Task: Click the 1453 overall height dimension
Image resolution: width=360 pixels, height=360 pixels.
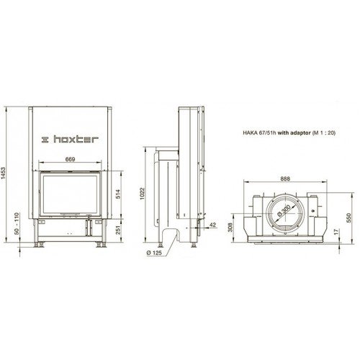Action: click(x=3, y=173)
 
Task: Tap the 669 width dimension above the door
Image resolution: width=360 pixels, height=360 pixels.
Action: click(x=70, y=159)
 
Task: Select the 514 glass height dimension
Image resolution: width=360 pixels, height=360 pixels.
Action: click(x=118, y=194)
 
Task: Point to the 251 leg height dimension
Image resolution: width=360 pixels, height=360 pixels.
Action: click(x=118, y=230)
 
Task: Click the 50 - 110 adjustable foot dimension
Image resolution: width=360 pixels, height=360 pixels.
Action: click(x=17, y=224)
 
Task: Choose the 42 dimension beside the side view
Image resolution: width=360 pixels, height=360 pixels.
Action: click(x=212, y=225)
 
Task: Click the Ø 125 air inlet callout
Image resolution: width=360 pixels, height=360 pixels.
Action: click(x=154, y=253)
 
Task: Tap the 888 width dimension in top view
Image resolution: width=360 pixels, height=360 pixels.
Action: click(x=285, y=179)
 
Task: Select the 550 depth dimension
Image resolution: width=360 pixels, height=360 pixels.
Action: click(x=349, y=217)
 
